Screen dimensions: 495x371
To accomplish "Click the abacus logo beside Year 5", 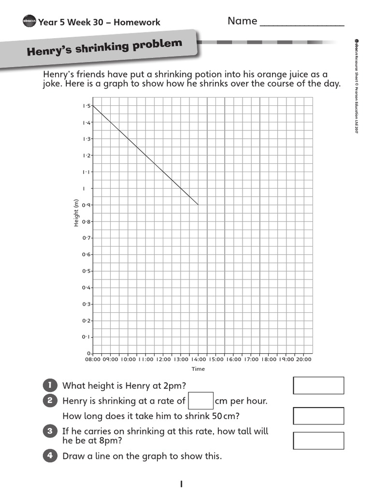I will (x=29, y=21).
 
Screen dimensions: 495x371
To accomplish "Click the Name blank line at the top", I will (x=302, y=24).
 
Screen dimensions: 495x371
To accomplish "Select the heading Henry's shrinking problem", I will (x=104, y=47).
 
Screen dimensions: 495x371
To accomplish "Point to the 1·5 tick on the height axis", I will (x=86, y=106).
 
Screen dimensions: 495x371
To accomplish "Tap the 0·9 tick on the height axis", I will (x=86, y=205).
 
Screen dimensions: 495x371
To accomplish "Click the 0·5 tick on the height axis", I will (x=86, y=271).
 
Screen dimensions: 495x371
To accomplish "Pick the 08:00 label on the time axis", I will (x=93, y=360).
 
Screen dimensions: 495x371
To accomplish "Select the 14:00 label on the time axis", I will (x=198, y=360).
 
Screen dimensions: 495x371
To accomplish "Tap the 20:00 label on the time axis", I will (x=303, y=360).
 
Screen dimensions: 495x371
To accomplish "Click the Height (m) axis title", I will (x=76, y=213).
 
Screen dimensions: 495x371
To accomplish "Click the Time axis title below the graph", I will (x=198, y=369).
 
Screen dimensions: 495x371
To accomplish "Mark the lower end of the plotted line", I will (x=198, y=205).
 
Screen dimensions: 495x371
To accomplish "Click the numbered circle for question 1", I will (x=50, y=385).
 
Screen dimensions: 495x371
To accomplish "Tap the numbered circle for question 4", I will (x=50, y=456).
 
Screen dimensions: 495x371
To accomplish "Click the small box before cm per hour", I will (x=200, y=401).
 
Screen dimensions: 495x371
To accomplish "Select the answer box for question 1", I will (x=318, y=385).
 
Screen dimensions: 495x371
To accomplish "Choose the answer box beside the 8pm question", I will (x=318, y=440).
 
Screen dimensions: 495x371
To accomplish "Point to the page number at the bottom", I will (x=181, y=484).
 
